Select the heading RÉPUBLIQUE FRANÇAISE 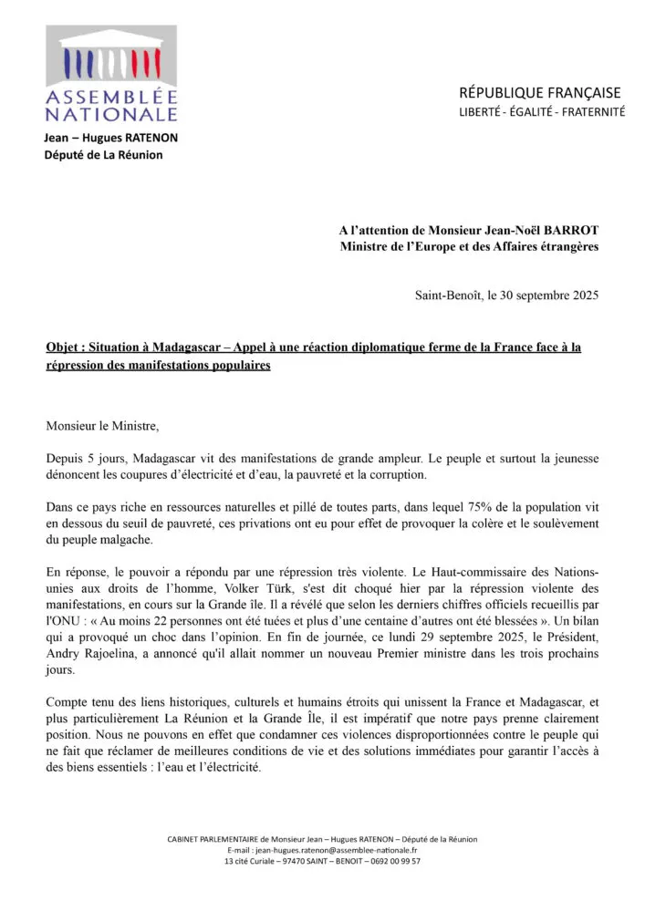[539, 93]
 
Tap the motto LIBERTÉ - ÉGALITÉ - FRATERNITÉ [541, 112]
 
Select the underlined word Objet [63, 347]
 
